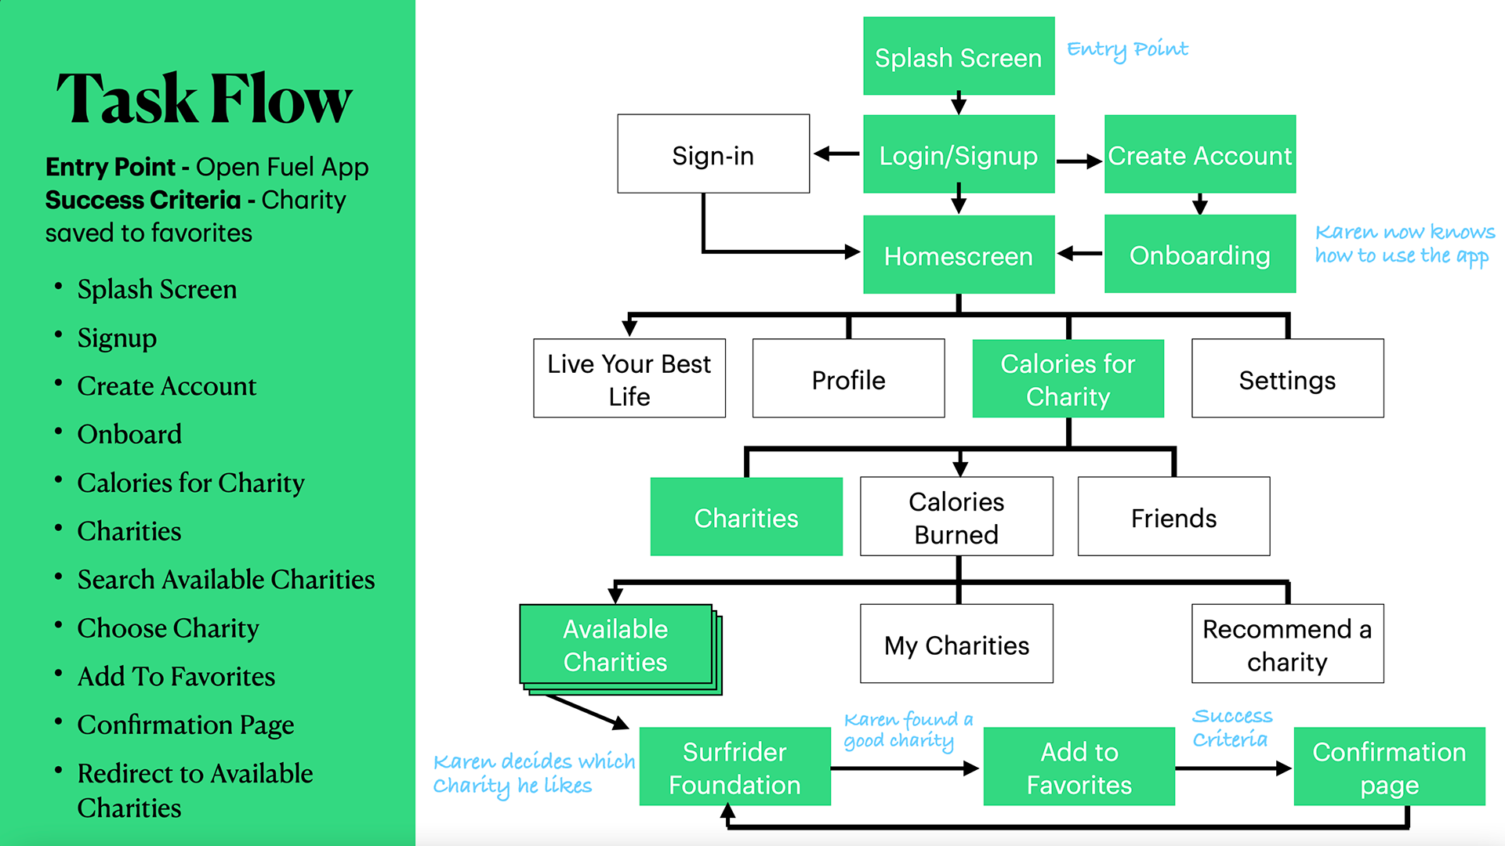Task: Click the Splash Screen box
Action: click(x=959, y=56)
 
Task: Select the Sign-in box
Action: click(x=713, y=154)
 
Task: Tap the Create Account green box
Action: click(x=1199, y=154)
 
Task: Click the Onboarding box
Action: click(x=1199, y=255)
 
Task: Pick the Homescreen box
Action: click(x=959, y=255)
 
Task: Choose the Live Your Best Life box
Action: click(x=629, y=378)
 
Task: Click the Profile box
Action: click(x=848, y=378)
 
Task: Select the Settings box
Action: click(x=1287, y=378)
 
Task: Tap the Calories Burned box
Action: click(x=956, y=517)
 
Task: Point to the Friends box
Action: click(x=1173, y=517)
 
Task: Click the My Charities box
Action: click(x=956, y=644)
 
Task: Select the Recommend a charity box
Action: click(x=1287, y=644)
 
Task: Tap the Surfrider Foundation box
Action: click(x=734, y=767)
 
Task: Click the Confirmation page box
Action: click(x=1389, y=767)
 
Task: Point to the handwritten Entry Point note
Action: click(x=1127, y=49)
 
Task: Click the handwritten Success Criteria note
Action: click(x=1232, y=727)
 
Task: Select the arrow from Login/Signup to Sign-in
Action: click(x=836, y=154)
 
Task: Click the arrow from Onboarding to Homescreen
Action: click(x=1079, y=254)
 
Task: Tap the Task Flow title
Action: click(x=205, y=99)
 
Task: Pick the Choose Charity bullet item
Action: click(x=168, y=628)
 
